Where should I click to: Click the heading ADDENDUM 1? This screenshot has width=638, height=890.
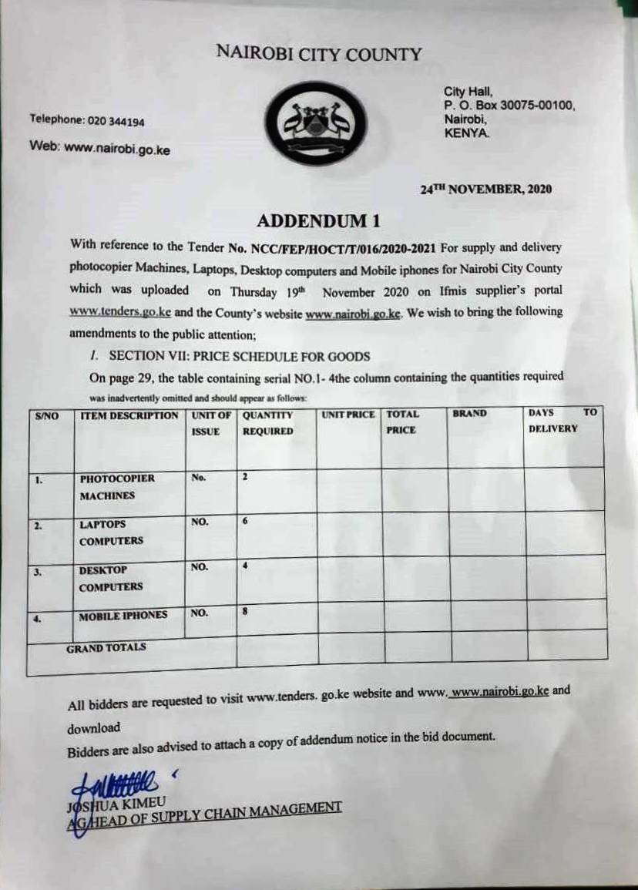pos(318,221)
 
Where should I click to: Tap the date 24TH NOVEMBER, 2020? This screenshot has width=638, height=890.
pos(485,189)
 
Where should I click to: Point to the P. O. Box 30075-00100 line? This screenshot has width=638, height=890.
pos(509,106)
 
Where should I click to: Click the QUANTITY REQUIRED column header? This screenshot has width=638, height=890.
pos(268,423)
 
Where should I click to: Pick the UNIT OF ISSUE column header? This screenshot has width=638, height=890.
pos(210,423)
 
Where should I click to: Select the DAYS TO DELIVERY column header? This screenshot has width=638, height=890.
pos(562,421)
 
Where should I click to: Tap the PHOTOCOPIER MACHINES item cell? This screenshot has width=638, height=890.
pos(117,487)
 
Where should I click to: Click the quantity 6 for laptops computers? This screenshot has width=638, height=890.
pos(245,522)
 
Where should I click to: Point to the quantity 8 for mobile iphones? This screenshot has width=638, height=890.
pos(245,612)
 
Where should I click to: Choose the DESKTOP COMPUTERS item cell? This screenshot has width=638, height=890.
pos(111,578)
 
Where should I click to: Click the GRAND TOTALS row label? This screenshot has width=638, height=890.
pos(106,648)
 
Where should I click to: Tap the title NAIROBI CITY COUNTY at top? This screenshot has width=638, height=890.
pos(318,54)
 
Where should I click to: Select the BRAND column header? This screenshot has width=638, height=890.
pos(469,414)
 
